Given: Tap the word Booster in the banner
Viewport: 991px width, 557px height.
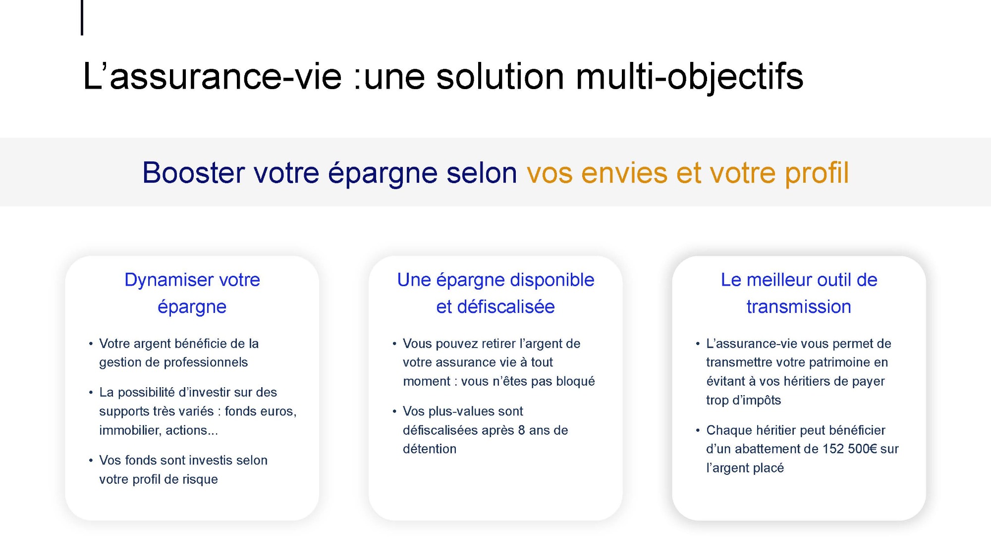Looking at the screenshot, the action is point(194,173).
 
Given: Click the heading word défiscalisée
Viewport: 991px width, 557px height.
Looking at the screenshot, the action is point(506,306).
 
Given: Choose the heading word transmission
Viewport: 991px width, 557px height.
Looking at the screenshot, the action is point(799,306).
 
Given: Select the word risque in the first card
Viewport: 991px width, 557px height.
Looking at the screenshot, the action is point(200,479).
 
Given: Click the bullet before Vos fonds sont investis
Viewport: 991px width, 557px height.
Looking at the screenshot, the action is point(91,460).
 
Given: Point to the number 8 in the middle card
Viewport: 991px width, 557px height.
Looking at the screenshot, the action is point(521,430).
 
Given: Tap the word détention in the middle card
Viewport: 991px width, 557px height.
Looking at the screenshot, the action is point(430,449).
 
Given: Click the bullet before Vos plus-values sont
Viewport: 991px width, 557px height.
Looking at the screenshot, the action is point(394,411).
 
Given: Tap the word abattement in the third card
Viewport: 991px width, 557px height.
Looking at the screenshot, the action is point(776,449).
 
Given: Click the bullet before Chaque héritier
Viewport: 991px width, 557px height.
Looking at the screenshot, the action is point(698,430).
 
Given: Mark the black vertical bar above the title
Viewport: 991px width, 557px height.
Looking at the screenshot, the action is point(82,17).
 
